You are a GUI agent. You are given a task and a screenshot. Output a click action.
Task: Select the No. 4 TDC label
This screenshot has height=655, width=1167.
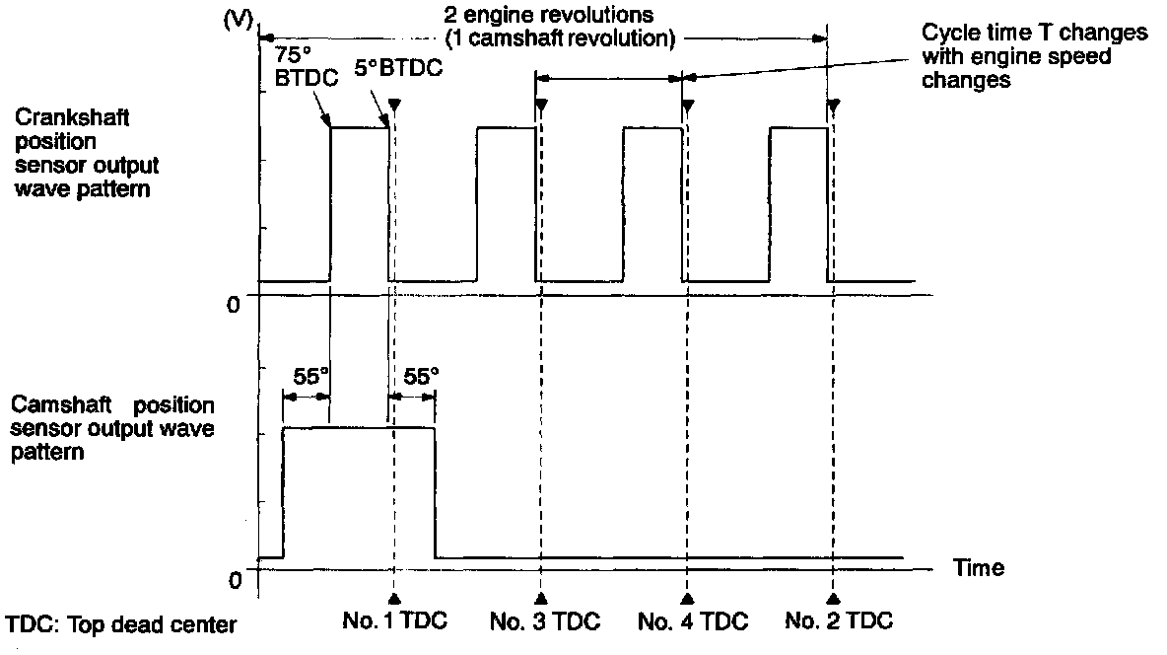tap(693, 621)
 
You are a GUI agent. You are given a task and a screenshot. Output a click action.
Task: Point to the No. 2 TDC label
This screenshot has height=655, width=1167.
tap(841, 621)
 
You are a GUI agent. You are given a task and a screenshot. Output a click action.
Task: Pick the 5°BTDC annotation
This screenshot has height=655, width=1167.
tap(399, 69)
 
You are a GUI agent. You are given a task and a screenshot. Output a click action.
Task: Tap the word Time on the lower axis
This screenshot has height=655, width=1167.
tap(979, 567)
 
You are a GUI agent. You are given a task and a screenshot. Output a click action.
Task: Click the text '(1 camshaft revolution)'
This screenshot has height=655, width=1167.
tap(560, 40)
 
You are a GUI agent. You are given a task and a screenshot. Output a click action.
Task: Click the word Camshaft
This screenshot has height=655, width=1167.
tap(50, 405)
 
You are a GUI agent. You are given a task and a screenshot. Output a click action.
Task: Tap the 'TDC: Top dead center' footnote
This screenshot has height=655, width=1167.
tap(121, 625)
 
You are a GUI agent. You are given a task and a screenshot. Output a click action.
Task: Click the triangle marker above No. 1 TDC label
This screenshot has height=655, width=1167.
tap(394, 598)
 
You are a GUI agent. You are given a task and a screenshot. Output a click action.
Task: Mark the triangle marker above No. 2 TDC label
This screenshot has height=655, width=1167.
tap(834, 598)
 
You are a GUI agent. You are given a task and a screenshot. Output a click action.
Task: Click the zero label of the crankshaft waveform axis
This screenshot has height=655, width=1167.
tap(234, 305)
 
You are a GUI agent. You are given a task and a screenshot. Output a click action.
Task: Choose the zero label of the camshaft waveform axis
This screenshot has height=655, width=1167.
tap(234, 578)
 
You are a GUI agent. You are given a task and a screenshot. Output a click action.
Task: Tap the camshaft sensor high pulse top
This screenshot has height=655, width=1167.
tap(359, 427)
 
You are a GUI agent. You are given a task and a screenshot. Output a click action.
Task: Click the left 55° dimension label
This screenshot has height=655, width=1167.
tap(308, 376)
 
